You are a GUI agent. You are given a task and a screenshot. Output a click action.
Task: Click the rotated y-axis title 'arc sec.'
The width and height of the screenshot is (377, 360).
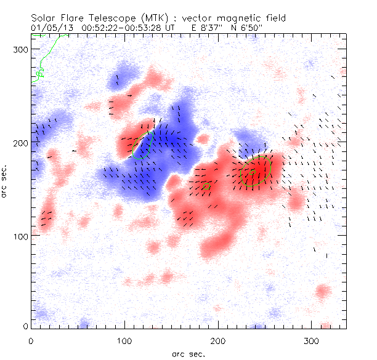6,182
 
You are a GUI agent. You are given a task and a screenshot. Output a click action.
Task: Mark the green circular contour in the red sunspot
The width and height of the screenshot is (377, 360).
256,170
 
